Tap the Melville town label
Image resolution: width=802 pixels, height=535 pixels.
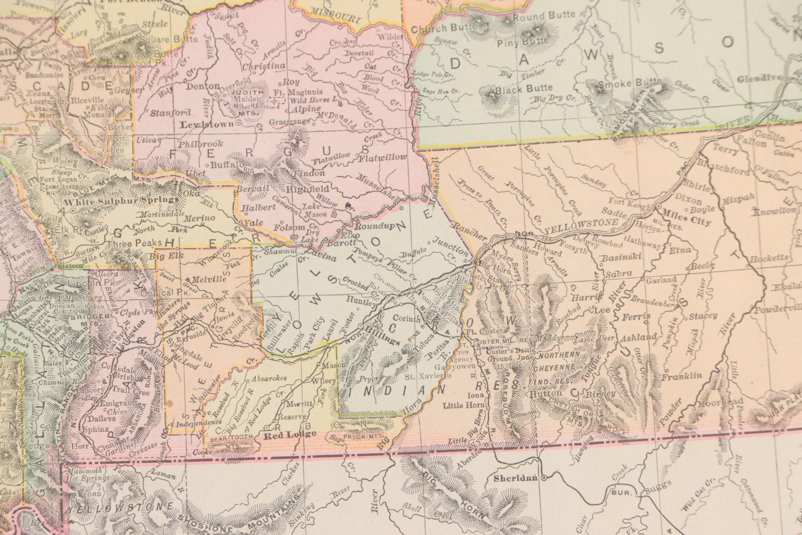click(x=209, y=279)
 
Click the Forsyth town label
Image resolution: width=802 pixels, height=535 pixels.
click(x=573, y=250)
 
